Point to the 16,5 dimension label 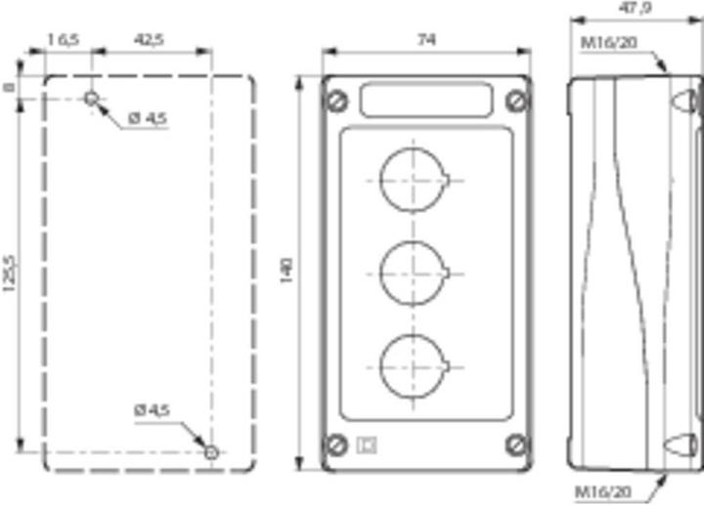[x=63, y=40]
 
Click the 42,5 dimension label [x=149, y=40]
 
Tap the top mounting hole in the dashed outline [x=91, y=98]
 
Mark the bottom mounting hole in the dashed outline [x=210, y=451]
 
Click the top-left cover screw [x=338, y=101]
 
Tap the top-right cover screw [x=516, y=101]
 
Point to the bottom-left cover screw [x=338, y=445]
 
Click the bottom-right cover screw [x=516, y=445]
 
